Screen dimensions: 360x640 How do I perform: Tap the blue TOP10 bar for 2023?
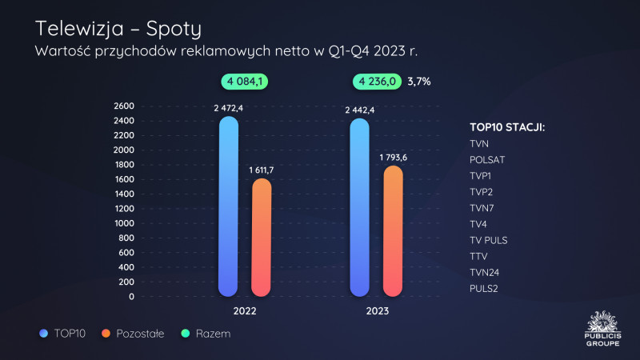click(360, 208)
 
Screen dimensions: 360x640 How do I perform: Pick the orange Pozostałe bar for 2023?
click(394, 231)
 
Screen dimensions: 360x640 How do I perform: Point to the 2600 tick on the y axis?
click(123, 106)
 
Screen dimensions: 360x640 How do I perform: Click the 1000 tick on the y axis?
click(123, 223)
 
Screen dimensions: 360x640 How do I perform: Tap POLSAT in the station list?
click(487, 160)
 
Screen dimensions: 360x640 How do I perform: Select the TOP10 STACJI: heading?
click(507, 126)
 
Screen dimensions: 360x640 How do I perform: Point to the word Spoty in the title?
click(168, 30)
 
